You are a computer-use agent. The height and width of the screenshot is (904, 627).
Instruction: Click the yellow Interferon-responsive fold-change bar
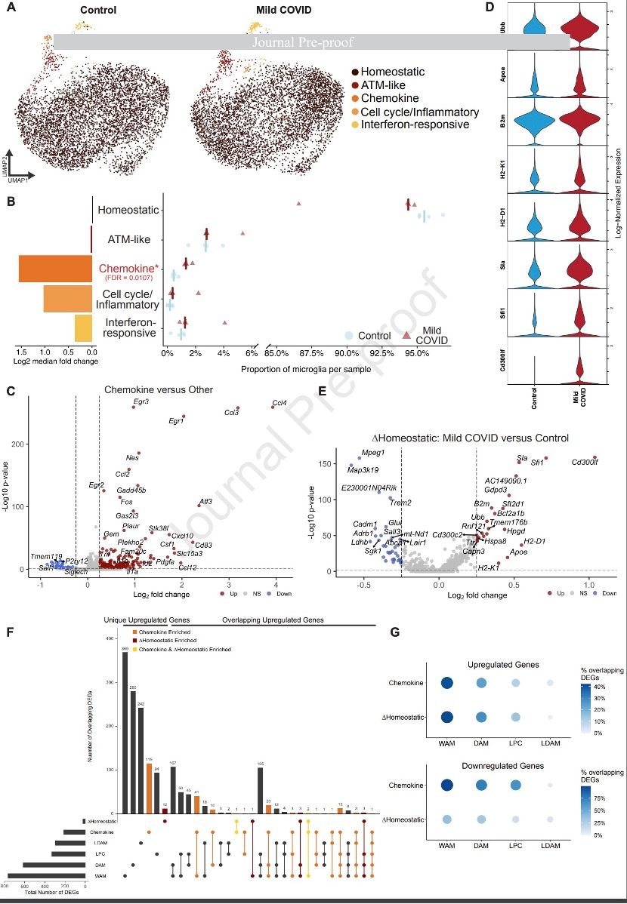[83, 328]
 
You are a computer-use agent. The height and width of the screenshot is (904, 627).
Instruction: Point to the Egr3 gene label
[141, 402]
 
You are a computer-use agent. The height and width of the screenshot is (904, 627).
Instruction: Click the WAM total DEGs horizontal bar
[46, 876]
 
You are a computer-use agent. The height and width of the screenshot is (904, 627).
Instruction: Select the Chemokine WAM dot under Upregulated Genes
[446, 684]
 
